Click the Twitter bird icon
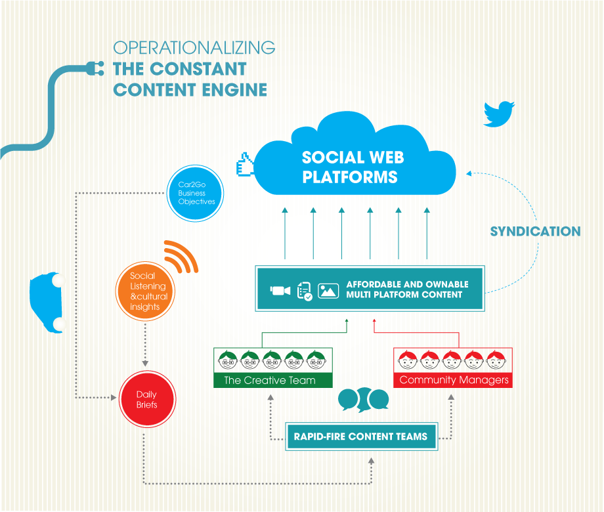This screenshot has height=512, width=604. tap(499, 113)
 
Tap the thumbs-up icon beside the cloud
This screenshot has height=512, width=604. tap(245, 165)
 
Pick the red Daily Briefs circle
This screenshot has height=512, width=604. tap(146, 400)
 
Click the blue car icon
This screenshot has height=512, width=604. tap(49, 302)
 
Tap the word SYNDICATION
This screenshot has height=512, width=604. tap(535, 231)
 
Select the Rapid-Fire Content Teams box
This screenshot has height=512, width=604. tap(360, 436)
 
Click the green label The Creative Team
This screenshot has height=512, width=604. tap(270, 380)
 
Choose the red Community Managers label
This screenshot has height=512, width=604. tap(454, 380)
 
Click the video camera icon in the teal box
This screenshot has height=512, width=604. tap(280, 290)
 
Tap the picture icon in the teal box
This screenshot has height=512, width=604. tap(328, 290)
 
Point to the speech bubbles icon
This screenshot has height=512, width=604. tap(363, 399)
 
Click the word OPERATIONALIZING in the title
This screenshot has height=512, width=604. tap(194, 48)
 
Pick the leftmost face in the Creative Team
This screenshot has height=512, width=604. tap(228, 360)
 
